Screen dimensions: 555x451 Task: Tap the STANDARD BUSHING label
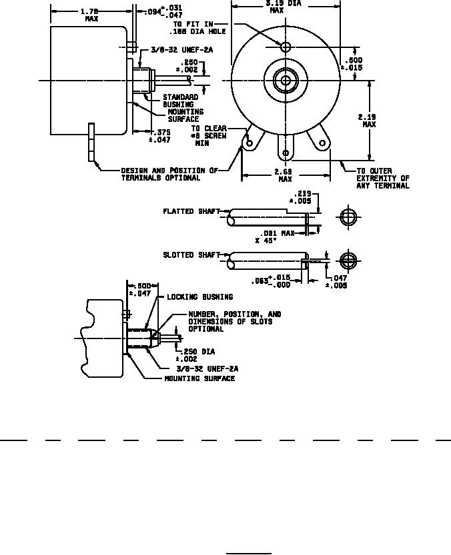181,101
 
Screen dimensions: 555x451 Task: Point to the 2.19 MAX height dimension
369,121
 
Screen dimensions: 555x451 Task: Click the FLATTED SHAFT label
191,212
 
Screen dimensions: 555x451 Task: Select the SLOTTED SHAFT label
191,255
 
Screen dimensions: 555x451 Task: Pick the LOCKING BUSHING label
199,297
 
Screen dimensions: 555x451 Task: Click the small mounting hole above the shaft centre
286,47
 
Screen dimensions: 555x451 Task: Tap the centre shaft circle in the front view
286,81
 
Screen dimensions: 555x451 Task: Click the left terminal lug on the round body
250,143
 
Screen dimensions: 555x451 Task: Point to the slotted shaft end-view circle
348,260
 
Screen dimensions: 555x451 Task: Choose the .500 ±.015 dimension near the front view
354,63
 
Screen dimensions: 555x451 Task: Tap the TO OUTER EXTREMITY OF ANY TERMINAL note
383,179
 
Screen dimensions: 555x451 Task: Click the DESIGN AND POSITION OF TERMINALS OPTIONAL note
169,175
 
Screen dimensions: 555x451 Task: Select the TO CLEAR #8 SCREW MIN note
209,136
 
